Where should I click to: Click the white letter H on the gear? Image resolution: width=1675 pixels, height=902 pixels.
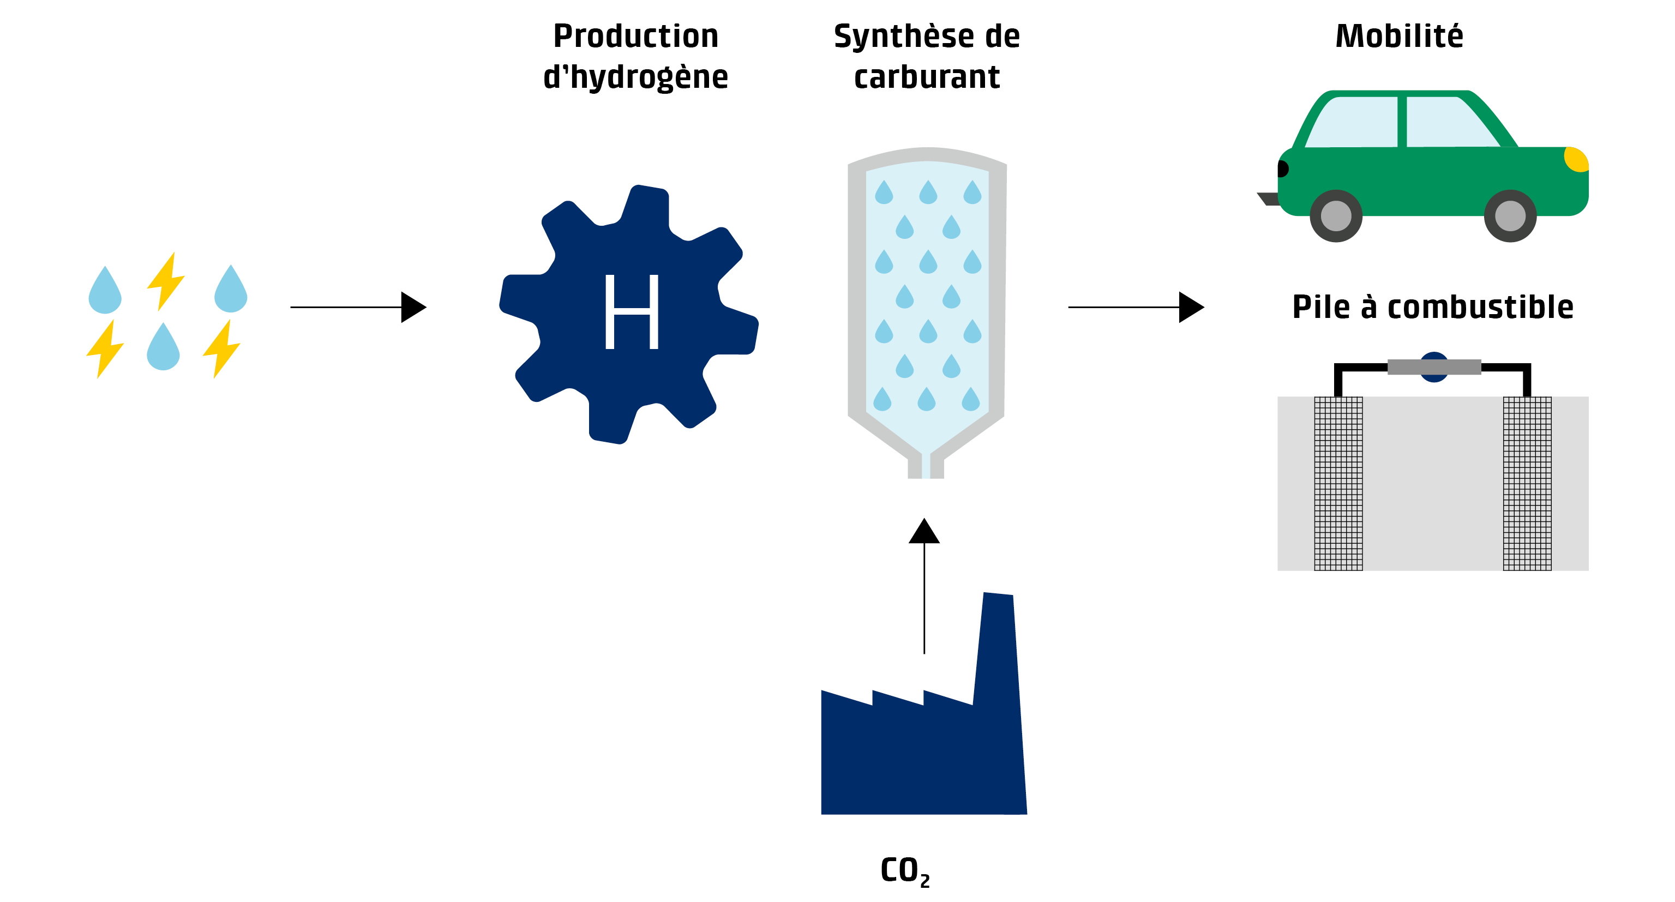coord(632,311)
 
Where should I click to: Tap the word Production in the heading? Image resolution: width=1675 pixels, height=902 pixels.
coord(635,37)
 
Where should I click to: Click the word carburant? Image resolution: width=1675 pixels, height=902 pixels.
coord(927,77)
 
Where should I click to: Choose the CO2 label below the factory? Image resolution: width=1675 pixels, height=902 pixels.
coord(904,870)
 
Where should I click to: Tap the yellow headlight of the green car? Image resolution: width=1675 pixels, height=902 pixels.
coord(1576,159)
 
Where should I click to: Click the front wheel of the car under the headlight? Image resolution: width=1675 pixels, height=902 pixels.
coord(1510,216)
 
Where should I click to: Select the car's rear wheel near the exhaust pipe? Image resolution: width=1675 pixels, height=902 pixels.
coord(1336,216)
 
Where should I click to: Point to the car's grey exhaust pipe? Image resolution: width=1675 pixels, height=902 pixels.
coord(1268,199)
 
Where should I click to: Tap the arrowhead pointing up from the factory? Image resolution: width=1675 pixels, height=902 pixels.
coord(924,531)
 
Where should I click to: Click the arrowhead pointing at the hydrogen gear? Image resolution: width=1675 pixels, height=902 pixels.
coord(413,307)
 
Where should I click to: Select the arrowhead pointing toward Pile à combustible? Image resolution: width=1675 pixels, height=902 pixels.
coord(1191,307)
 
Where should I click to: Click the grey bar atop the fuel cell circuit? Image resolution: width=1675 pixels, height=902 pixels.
coord(1434,367)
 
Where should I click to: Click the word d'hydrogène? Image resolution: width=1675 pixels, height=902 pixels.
coord(635,77)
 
